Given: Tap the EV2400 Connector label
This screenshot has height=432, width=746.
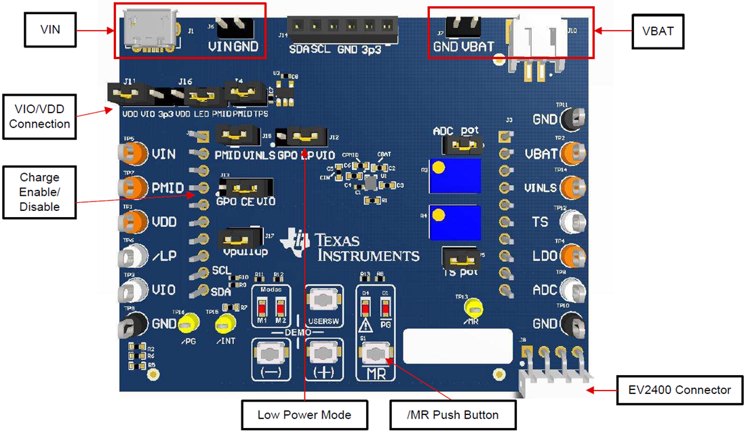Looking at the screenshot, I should coord(679,390).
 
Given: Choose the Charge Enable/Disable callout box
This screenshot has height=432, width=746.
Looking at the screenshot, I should coord(39,193).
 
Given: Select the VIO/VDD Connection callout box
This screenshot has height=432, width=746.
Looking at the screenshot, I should coord(39,116).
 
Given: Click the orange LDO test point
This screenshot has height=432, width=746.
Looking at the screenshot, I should coord(574,256).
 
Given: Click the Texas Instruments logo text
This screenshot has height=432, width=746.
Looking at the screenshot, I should coord(367,247).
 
